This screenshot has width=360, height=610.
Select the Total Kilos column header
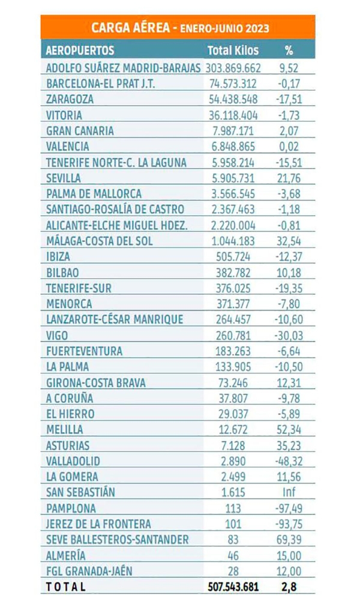pos(233,50)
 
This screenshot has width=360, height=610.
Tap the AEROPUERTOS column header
pos(80,50)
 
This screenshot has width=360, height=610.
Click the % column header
pos(289,50)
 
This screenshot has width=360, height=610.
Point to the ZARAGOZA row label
pos(70,100)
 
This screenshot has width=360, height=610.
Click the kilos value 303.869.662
pos(233,68)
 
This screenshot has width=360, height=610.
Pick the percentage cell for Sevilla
pos(289,178)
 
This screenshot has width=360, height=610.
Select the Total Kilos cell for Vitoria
pos(233,115)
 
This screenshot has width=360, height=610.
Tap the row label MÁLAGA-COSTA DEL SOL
pos(100,241)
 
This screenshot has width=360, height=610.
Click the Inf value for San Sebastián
pos(289,492)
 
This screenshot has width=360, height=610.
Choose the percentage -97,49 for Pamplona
pos(289,508)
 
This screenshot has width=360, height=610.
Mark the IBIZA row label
pos(58,256)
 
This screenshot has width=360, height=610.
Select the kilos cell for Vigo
pos(233,335)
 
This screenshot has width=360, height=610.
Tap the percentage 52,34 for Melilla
pos(289,429)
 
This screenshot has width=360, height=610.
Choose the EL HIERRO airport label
pos(70,414)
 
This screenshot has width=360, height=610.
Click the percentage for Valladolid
pos(289,461)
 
